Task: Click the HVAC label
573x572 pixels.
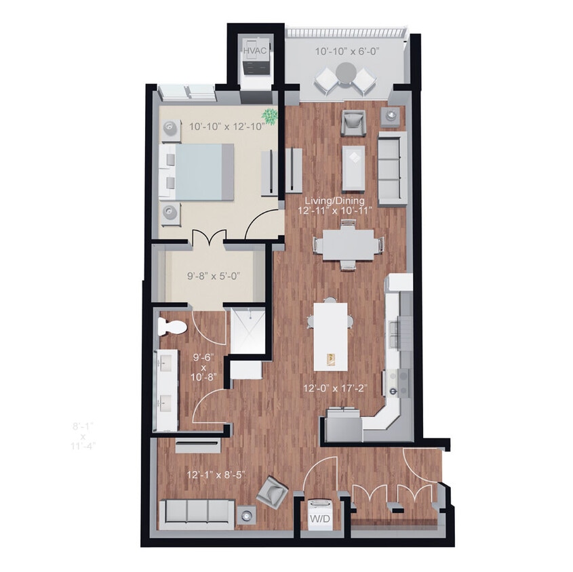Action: pos(255,50)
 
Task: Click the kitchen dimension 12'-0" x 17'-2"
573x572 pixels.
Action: pos(334,389)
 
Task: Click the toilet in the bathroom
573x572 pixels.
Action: pos(170,327)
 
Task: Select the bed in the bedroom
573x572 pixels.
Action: pos(197,171)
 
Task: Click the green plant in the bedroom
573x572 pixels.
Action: pos(271,116)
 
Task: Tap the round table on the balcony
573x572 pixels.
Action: pos(347,71)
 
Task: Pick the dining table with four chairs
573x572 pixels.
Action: pos(348,245)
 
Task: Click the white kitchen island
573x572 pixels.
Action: pos(330,335)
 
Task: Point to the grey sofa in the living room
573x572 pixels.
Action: pos(393,168)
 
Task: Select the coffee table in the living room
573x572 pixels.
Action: pos(353,167)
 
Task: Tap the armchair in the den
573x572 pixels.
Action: pos(272,490)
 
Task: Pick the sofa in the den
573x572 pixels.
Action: pos(196,513)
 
